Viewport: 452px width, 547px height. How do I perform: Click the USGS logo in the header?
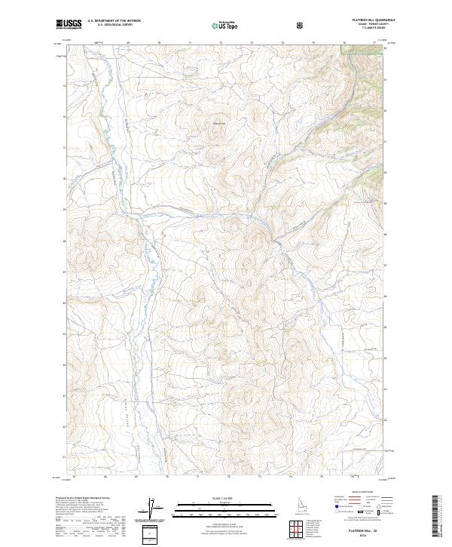click(69, 25)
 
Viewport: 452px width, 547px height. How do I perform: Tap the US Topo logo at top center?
click(226, 25)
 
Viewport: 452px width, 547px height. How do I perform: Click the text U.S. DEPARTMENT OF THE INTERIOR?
click(113, 22)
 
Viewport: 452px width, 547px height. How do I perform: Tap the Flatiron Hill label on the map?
click(218, 124)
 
